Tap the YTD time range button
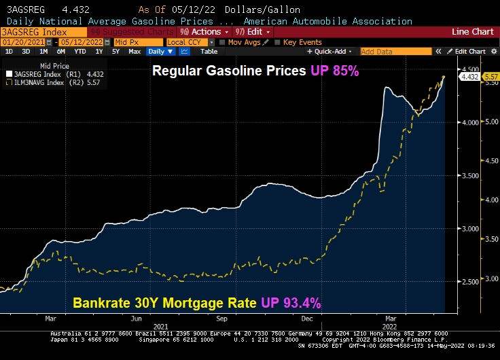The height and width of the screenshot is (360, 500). [x=79, y=52]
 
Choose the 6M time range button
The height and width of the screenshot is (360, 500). [x=61, y=52]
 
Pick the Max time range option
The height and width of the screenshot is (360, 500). [x=135, y=52]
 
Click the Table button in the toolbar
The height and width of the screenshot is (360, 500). [x=209, y=52]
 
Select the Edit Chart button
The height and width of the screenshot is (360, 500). [x=469, y=52]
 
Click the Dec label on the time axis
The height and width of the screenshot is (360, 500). [x=306, y=318]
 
